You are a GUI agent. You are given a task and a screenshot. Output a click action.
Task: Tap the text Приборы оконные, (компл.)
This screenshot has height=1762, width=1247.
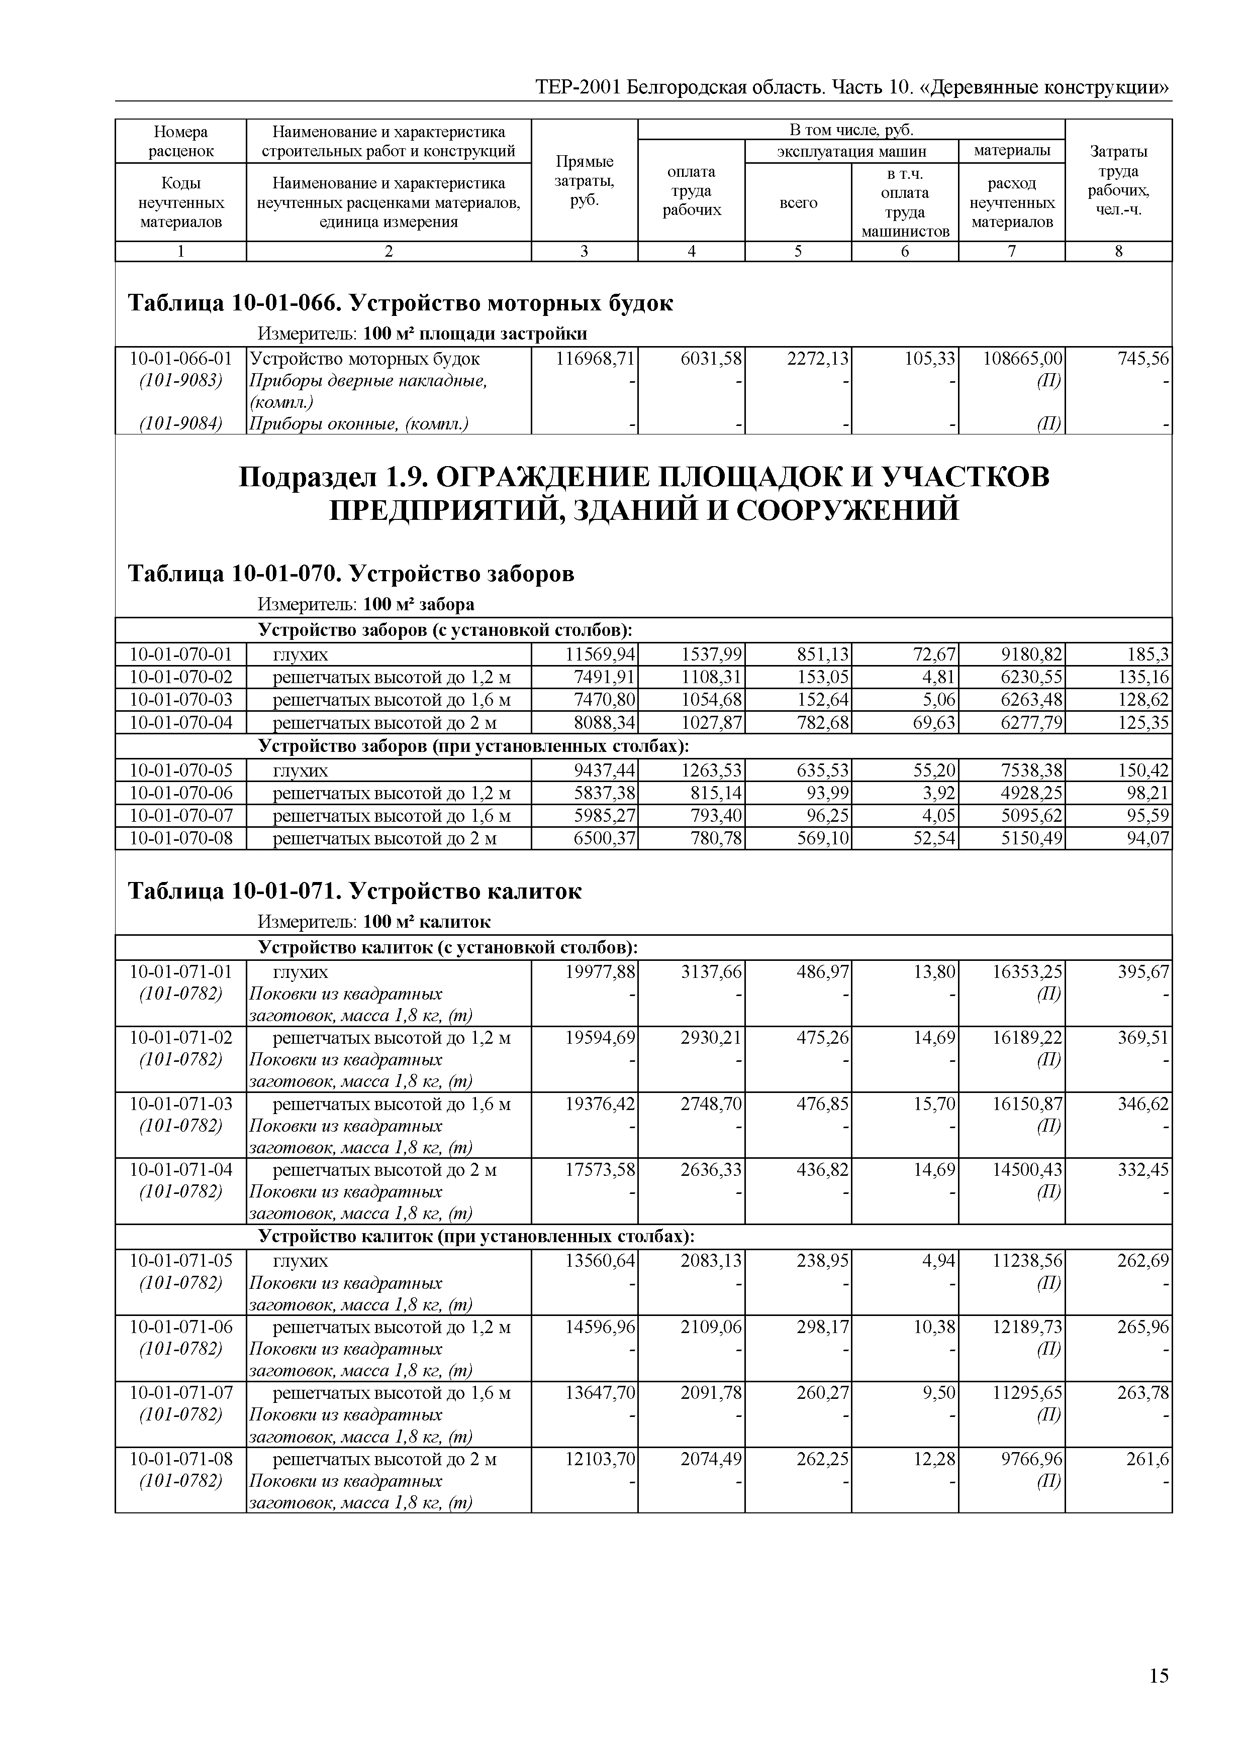(358, 423)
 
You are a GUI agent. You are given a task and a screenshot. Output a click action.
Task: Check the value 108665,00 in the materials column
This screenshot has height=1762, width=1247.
(1023, 359)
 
